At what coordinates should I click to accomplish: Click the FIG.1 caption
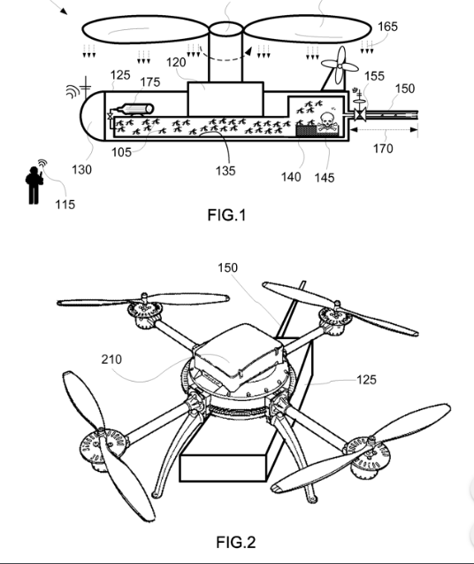[226, 215]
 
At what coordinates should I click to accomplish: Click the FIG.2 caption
[236, 542]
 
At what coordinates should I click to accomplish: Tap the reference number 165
[387, 27]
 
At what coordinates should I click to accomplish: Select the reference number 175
[149, 82]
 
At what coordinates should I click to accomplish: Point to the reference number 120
[176, 62]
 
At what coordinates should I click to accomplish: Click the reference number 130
[81, 169]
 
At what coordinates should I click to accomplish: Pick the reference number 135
[226, 171]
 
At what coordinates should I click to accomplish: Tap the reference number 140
[291, 176]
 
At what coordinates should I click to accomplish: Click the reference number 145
[325, 178]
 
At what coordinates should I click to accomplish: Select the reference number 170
[383, 148]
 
